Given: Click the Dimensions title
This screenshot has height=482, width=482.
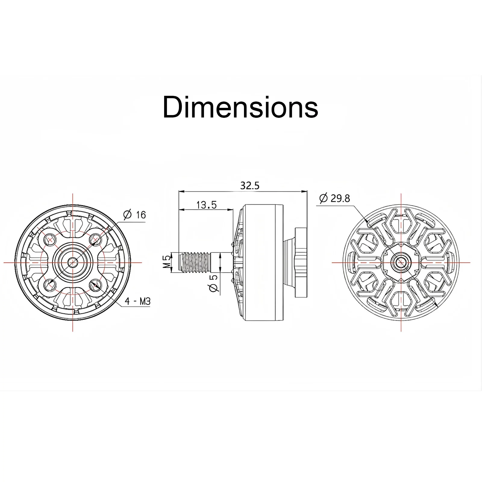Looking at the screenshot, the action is point(240,107).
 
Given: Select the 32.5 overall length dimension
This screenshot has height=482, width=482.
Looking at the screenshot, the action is point(250,186).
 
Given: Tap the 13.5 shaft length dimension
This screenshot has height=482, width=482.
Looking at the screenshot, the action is point(206,205).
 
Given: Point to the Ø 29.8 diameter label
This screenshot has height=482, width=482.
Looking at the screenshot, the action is point(334,198).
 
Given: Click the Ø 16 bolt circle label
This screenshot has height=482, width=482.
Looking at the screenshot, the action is point(134,215).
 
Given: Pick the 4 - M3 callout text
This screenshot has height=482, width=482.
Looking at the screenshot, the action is point(138,301).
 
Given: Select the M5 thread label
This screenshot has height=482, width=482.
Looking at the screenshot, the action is point(167,262).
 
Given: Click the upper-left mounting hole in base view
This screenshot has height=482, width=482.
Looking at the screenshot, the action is point(50,240).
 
